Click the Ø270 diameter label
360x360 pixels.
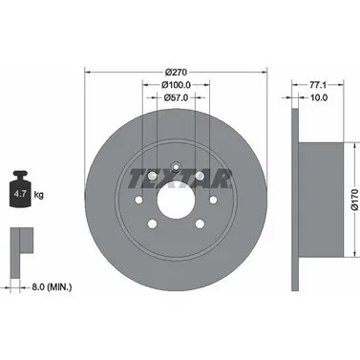176,73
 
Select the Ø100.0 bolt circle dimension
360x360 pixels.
176,85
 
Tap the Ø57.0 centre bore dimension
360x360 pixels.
176,97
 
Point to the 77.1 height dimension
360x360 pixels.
318,85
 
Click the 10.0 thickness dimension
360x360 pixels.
319,97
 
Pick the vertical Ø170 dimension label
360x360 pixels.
354,200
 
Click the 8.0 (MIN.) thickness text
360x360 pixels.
52,287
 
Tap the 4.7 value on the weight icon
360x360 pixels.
21,194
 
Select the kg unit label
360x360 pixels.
38,194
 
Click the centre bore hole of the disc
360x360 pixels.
176,200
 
